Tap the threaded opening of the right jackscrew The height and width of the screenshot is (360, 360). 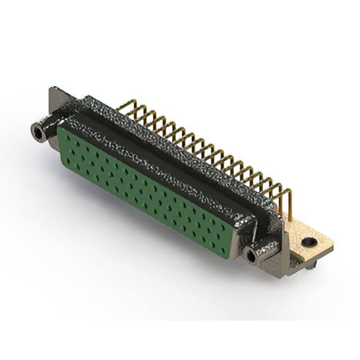[251, 258]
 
